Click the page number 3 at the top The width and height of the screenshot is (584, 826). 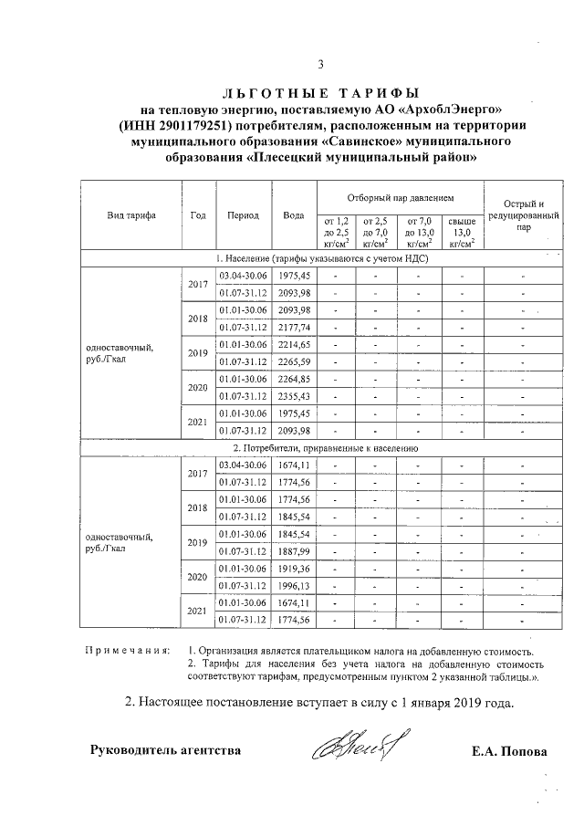point(320,64)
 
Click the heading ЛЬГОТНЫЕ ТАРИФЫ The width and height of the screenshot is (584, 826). point(320,93)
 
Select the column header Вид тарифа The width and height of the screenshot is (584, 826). point(130,215)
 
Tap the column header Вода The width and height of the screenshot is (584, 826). point(294,215)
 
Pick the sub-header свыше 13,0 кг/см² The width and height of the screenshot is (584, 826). point(462,233)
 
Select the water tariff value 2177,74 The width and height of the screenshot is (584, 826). point(294,327)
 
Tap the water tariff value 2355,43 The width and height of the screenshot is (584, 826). point(294,395)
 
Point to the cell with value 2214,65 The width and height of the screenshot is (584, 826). point(294,344)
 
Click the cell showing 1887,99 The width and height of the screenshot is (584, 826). point(294,551)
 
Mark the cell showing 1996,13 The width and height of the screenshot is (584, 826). point(294,586)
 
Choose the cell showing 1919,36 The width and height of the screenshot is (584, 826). point(294,569)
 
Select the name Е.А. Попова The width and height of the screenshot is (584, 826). point(510,752)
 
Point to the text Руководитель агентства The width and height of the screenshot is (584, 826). point(165,751)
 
